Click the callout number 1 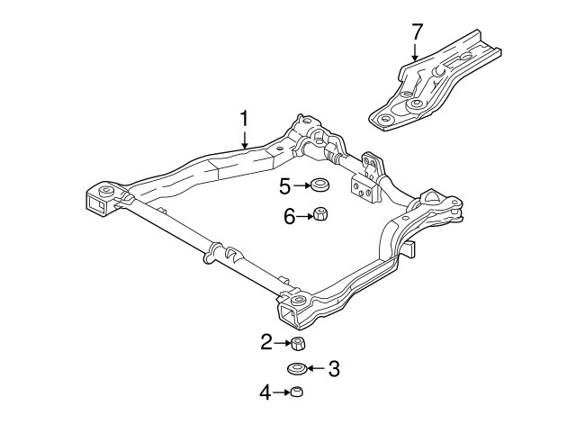click(243, 118)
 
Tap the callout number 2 click(266, 342)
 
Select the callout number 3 click(334, 368)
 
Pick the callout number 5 click(284, 187)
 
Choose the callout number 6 click(290, 215)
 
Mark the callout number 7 click(417, 32)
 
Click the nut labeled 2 click(296, 343)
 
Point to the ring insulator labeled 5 click(319, 187)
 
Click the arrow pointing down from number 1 click(244, 140)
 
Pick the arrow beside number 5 click(301, 187)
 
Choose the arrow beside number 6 click(304, 215)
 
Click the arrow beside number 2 click(281, 342)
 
